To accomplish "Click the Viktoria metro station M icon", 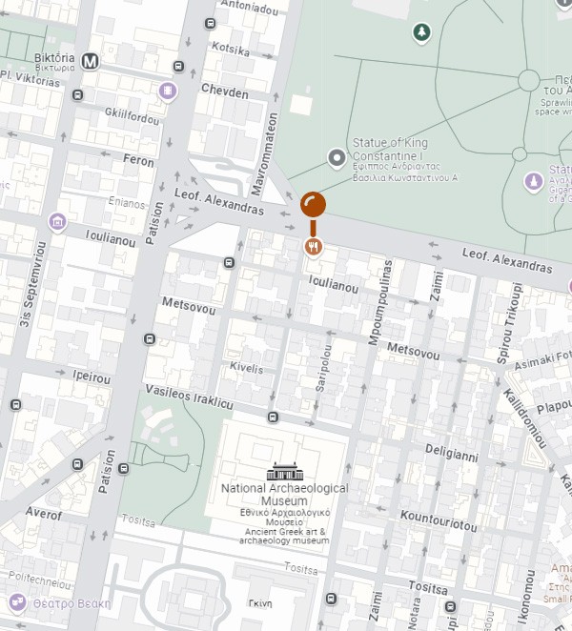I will tap(92, 61).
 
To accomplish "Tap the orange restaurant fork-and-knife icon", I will tap(313, 247).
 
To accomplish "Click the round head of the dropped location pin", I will tap(313, 204).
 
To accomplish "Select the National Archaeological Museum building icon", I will tap(284, 472).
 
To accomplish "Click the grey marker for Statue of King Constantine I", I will tap(336, 158).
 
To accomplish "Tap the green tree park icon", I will tap(420, 33).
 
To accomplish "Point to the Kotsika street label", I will tap(230, 49).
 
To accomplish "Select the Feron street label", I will tap(138, 161).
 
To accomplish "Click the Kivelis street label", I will tap(245, 367).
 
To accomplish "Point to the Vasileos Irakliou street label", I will tap(189, 397).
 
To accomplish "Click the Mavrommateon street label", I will tap(271, 149).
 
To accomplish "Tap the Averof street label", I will tap(44, 515).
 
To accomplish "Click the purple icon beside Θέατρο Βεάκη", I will tap(17, 602).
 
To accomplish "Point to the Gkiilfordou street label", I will tap(132, 118).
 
